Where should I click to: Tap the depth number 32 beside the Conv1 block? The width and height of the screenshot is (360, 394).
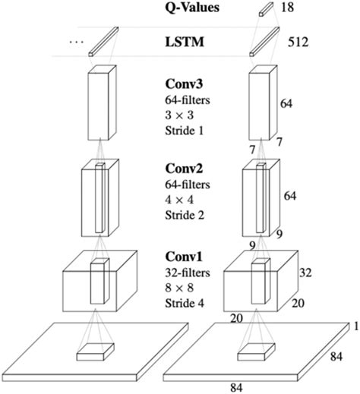[306, 272]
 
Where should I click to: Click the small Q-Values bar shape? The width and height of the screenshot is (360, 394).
[264, 8]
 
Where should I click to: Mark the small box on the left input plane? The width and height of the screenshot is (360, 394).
[96, 351]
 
